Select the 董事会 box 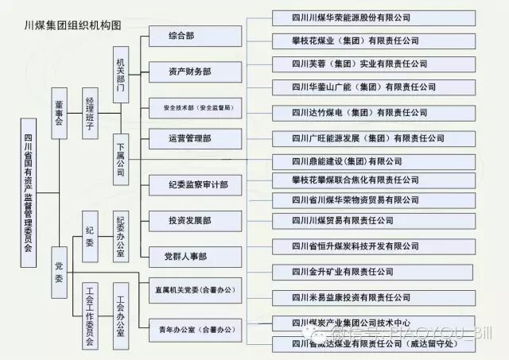pyautogui.click(x=60, y=113)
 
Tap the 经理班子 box pyautogui.click(x=90, y=113)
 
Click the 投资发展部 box pyautogui.click(x=190, y=220)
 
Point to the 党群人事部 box pyautogui.click(x=185, y=256)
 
